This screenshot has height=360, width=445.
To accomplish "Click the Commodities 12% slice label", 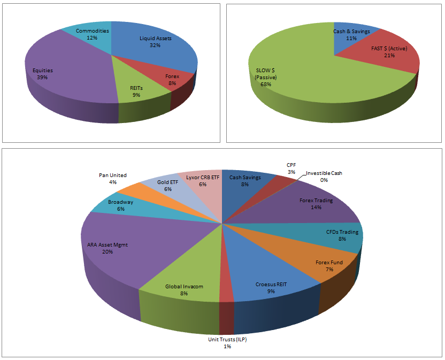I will [x=93, y=34].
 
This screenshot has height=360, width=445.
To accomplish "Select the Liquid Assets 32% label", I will [x=156, y=42].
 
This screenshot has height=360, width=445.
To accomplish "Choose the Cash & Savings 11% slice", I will [x=351, y=35].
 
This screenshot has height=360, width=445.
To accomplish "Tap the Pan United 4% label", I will [x=112, y=178].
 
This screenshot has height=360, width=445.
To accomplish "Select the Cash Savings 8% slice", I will [x=245, y=181].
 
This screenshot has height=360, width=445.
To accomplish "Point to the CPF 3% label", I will [x=290, y=168].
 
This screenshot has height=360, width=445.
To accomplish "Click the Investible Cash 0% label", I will [x=324, y=177].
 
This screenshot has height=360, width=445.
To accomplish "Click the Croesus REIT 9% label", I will [x=271, y=287].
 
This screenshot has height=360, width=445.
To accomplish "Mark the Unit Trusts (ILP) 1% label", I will [x=227, y=343].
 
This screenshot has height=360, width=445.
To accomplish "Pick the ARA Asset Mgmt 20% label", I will [x=108, y=248].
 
